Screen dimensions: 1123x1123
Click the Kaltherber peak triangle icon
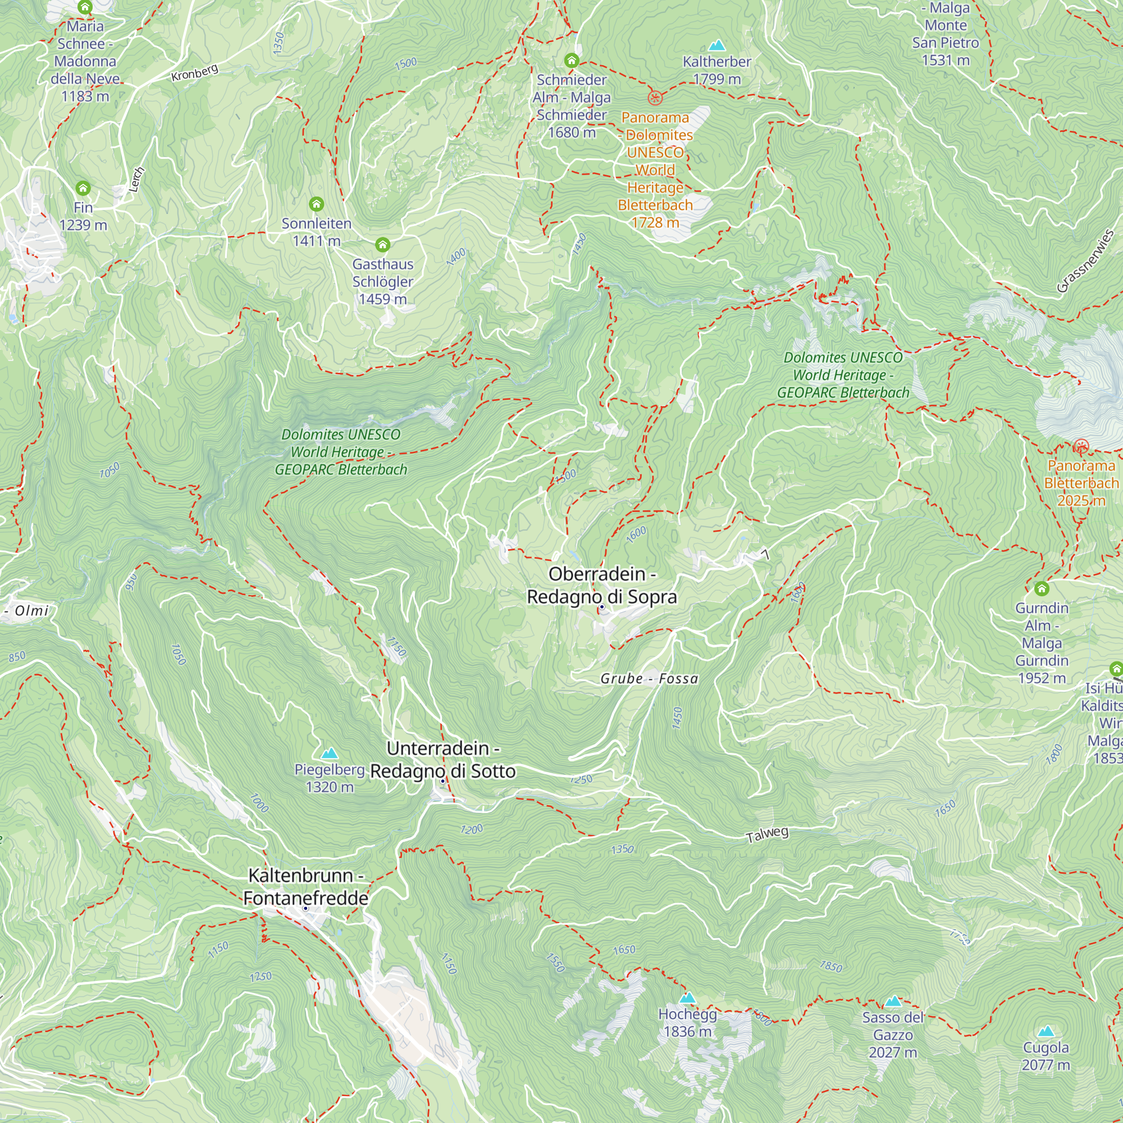(x=716, y=45)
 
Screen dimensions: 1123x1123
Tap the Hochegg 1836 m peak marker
(x=688, y=998)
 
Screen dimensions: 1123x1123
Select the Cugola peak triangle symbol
(x=1046, y=1031)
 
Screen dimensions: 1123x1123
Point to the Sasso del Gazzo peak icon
(x=893, y=1001)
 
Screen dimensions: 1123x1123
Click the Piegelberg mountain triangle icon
(x=330, y=754)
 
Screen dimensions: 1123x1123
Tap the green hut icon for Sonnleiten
(x=316, y=204)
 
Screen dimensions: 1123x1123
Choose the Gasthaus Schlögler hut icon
(x=382, y=244)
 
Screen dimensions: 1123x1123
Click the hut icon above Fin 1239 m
(x=83, y=188)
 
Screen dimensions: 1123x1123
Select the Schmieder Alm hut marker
(x=572, y=61)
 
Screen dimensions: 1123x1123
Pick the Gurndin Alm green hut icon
(x=1042, y=589)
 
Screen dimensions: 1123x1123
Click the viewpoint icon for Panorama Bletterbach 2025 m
(x=1080, y=446)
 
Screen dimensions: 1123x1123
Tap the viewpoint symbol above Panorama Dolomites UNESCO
(x=655, y=98)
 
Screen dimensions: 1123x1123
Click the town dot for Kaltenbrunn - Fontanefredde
(x=305, y=908)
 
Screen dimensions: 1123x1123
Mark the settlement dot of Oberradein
(x=601, y=607)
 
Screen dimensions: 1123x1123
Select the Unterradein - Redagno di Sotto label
(x=443, y=760)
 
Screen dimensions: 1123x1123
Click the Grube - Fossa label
(x=649, y=678)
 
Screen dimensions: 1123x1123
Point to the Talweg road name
(x=766, y=835)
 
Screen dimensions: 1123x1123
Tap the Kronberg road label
(x=195, y=72)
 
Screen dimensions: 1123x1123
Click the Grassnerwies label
(x=1085, y=261)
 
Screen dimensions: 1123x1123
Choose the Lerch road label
(x=136, y=180)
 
